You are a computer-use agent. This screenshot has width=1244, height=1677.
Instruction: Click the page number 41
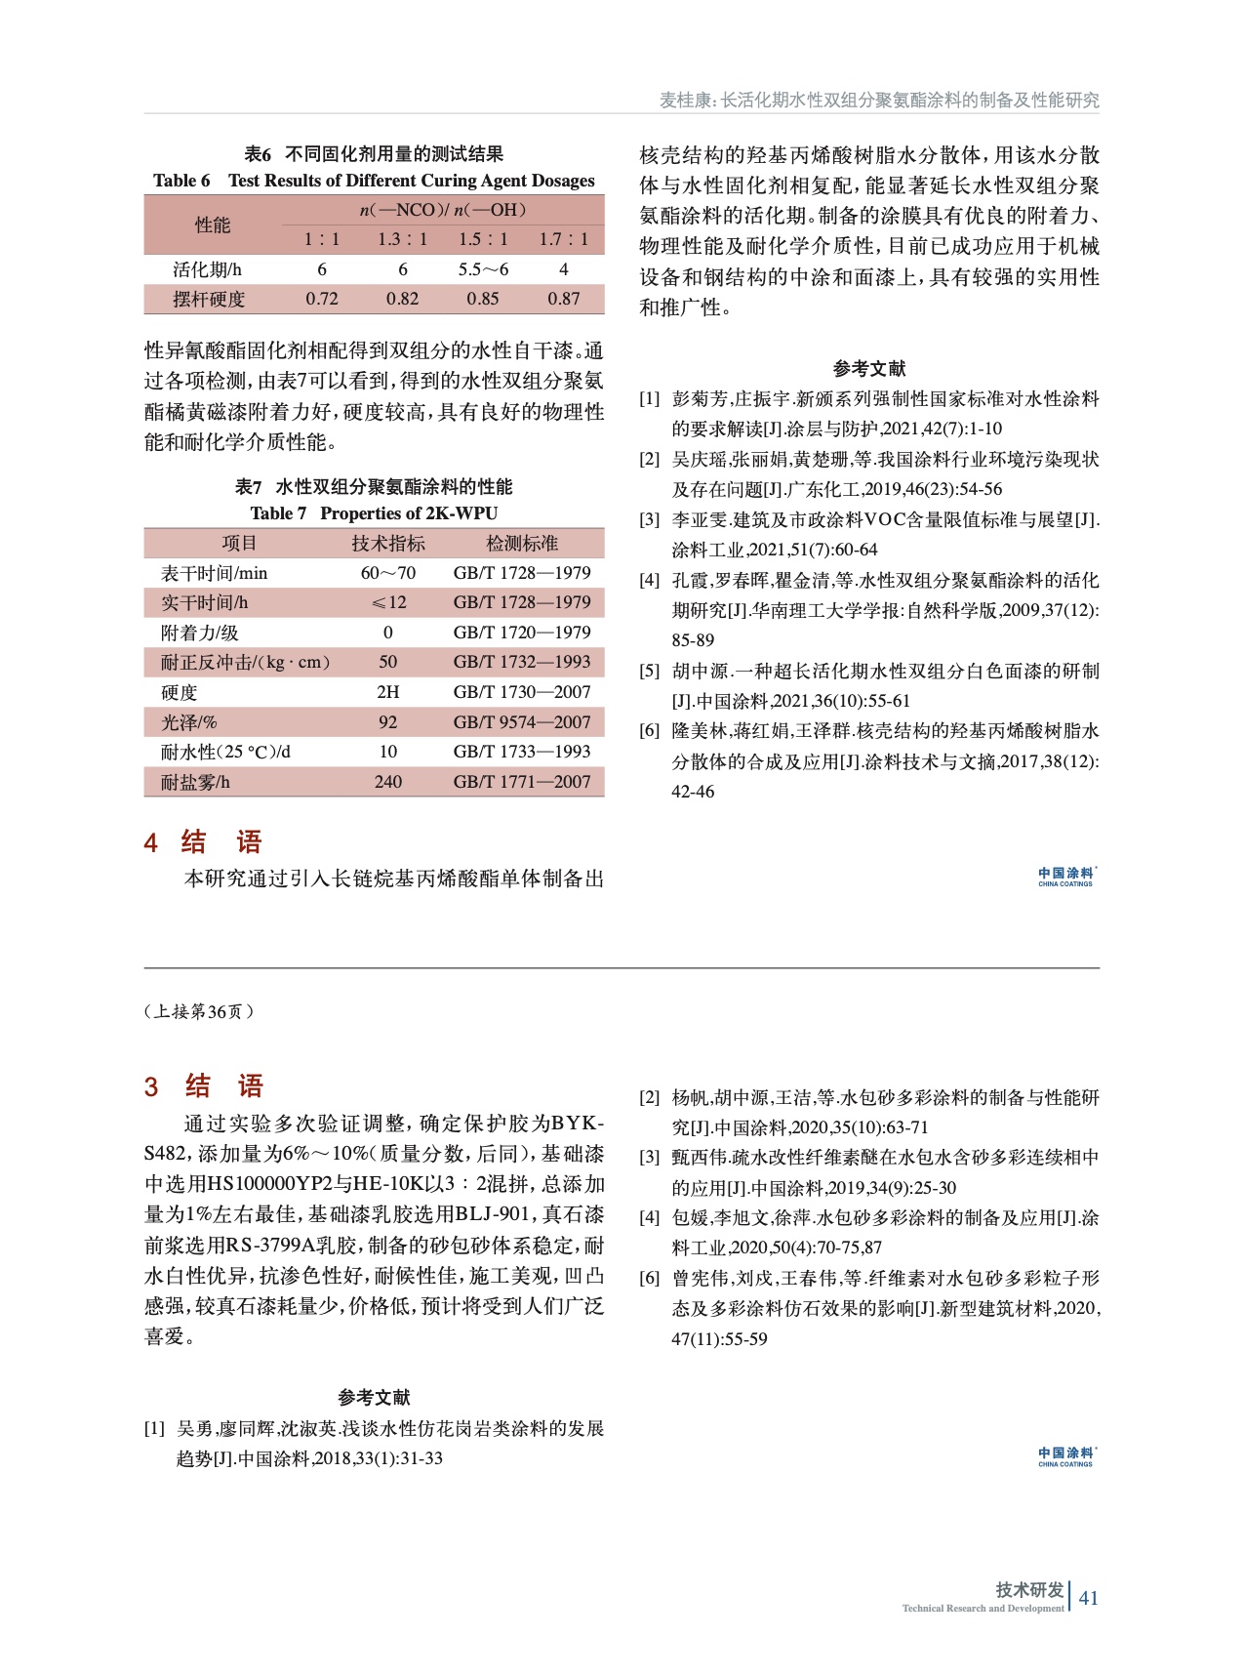click(1089, 1597)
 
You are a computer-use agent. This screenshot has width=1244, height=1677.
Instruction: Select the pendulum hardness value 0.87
click(563, 299)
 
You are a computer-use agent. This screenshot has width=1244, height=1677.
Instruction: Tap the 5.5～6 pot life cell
click(483, 269)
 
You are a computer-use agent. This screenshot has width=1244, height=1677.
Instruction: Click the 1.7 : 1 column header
click(563, 239)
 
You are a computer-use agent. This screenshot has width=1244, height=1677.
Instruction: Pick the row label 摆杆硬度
click(209, 299)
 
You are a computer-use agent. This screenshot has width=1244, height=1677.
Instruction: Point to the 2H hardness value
click(387, 692)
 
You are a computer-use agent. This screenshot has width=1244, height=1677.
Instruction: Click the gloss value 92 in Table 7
click(387, 722)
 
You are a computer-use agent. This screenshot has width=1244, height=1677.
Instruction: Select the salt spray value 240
click(387, 782)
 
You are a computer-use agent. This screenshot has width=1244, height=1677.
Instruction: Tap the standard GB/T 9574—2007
click(522, 722)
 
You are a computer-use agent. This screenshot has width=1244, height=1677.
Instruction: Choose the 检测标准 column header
click(522, 543)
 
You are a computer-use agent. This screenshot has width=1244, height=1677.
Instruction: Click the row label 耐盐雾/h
click(196, 782)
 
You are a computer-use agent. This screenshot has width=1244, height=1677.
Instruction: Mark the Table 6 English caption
click(374, 181)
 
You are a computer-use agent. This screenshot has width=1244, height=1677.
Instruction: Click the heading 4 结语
click(204, 842)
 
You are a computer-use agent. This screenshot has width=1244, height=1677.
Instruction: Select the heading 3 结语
click(205, 1086)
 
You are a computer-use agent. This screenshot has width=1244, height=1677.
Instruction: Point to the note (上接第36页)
click(199, 1011)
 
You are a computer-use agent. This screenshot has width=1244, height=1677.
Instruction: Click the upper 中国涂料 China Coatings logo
click(1065, 877)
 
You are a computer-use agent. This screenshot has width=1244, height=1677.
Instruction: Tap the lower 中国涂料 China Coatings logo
click(1065, 1456)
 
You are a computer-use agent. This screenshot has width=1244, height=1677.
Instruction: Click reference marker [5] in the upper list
click(650, 671)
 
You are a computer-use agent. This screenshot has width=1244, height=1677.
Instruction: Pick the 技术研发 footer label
click(1028, 1590)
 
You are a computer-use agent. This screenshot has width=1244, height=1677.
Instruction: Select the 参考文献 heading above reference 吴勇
click(374, 1397)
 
